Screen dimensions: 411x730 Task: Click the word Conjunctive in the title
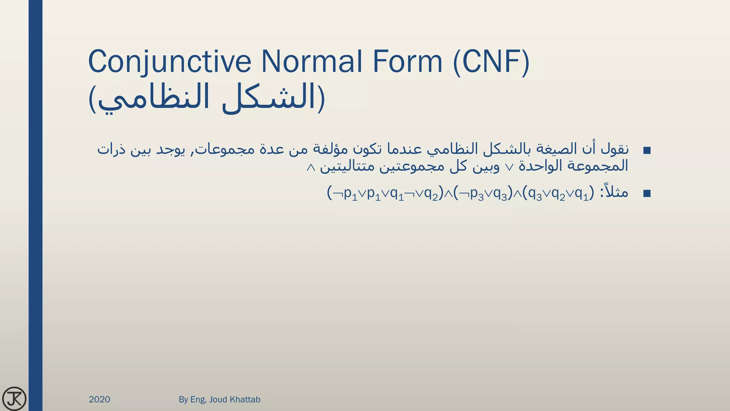(170, 61)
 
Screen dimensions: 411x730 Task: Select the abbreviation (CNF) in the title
(491, 61)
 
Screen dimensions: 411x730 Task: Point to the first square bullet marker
(647, 150)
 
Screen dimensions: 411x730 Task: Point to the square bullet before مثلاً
(647, 193)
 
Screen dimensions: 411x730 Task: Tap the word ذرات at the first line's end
(111, 149)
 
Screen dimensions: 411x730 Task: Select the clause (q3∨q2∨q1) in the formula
(558, 193)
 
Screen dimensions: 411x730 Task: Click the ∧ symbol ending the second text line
(311, 167)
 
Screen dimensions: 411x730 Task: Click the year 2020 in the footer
(99, 399)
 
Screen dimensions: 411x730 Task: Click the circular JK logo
(14, 399)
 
